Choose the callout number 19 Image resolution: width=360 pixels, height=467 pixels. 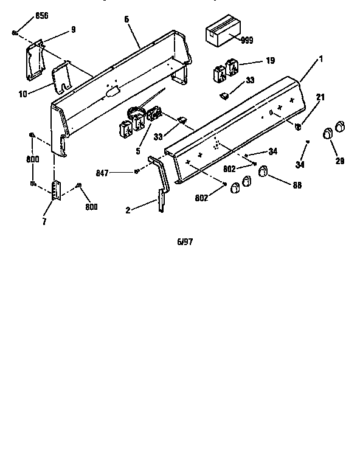click(271, 61)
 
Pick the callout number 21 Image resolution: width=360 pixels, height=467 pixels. click(320, 98)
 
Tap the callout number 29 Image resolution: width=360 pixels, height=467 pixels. click(339, 161)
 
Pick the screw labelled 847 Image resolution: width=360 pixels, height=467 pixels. click(137, 172)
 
